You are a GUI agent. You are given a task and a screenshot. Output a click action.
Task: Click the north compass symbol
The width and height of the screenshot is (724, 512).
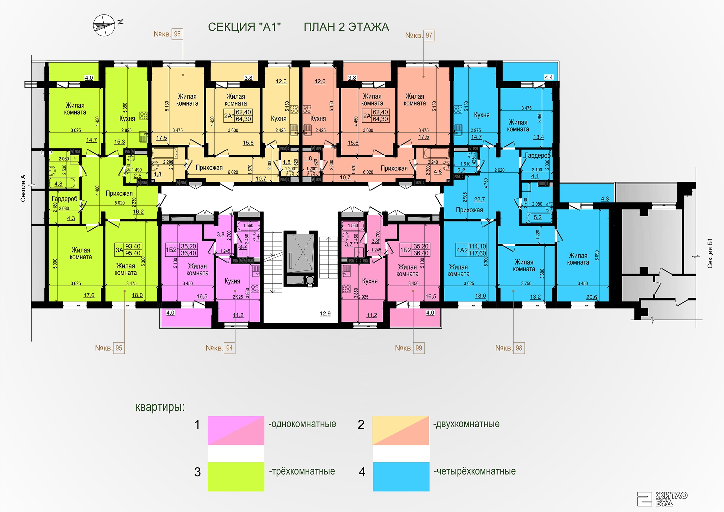click(104, 25)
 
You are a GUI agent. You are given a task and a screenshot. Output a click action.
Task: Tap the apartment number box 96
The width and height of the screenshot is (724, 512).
click(177, 34)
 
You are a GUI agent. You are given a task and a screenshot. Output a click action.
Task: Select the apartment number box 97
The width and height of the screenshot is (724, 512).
click(429, 35)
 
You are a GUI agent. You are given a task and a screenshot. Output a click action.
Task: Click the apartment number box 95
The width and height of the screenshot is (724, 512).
click(119, 348)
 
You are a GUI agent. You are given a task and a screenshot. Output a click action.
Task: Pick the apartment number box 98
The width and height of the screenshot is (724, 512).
click(519, 348)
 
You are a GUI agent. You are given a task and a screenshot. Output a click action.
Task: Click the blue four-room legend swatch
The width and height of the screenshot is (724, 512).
click(401, 476)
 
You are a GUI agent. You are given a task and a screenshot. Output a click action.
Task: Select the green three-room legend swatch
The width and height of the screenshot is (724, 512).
click(236, 476)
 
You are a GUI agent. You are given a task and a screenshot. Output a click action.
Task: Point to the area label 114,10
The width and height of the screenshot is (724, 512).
click(477, 246)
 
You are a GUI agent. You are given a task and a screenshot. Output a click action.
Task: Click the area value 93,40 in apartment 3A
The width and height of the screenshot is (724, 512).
click(133, 246)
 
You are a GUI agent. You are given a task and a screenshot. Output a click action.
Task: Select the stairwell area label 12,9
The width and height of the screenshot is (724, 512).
click(325, 314)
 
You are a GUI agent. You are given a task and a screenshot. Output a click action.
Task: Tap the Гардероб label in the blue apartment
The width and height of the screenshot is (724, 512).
click(538, 155)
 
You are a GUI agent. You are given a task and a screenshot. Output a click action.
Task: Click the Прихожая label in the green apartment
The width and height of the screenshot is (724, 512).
click(119, 193)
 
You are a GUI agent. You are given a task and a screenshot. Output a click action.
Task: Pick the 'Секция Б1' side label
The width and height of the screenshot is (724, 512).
click(710, 253)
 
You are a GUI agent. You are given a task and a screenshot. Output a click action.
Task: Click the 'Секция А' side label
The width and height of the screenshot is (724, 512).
click(23, 188)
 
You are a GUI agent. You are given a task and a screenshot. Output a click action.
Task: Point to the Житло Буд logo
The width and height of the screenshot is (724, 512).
click(662, 499)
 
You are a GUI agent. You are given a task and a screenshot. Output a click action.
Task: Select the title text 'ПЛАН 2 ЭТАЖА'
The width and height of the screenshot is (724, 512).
click(346, 27)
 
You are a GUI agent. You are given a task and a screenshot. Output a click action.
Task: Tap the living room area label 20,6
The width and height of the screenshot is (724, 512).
click(591, 297)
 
